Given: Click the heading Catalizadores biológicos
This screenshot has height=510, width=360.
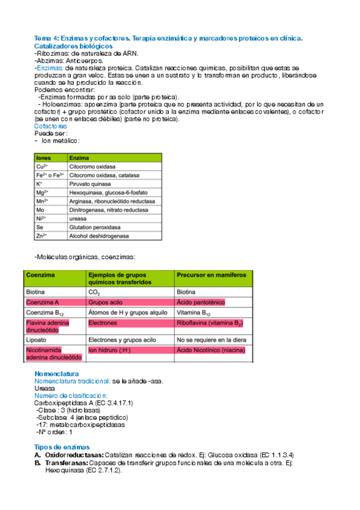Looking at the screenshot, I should click(73, 46).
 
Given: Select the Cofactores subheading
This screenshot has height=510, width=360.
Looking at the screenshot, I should click(50, 127).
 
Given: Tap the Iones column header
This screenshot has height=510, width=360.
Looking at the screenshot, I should click(44, 157).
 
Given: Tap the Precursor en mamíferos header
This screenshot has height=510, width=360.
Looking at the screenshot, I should click(211, 275).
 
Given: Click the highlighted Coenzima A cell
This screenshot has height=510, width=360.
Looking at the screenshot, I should click(43, 302).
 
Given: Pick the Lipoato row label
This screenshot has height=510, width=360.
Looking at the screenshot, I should click(35, 339).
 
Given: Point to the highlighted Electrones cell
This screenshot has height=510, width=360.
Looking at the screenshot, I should click(103, 323).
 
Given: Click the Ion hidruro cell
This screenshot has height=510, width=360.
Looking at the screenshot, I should click(110, 350).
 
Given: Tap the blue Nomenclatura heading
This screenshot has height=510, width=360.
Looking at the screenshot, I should click(56, 373).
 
